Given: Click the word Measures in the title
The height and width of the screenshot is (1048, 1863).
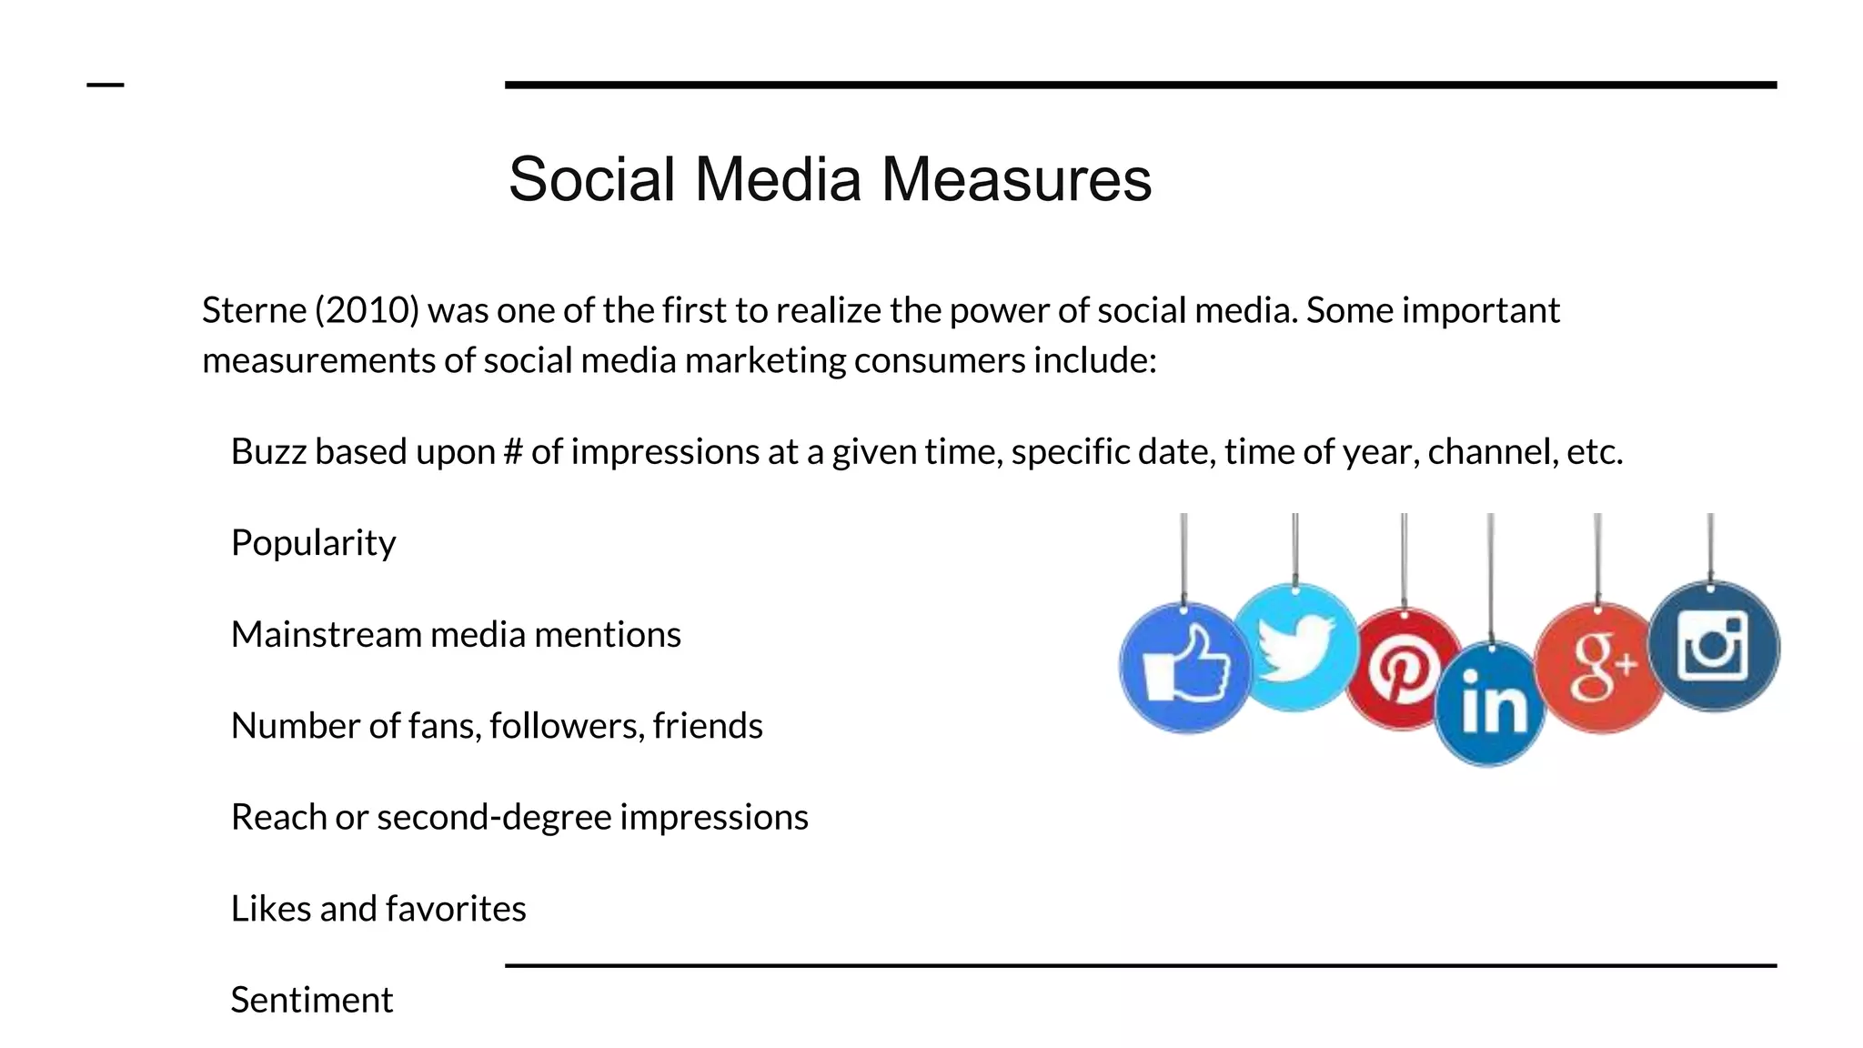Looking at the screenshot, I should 1016,179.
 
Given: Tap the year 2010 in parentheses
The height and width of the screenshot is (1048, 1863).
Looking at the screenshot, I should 368,311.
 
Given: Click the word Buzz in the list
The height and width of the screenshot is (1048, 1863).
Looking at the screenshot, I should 268,452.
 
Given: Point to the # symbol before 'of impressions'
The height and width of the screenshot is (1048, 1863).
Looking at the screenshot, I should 512,452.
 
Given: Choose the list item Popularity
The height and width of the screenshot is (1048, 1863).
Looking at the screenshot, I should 313,543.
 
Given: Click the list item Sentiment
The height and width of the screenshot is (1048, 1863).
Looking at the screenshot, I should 311,1000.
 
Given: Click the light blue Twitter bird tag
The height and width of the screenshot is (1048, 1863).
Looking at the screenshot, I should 1295,648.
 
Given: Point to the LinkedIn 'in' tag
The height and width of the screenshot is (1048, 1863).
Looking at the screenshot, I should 1490,704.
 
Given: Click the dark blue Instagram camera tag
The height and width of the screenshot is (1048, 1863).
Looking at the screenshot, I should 1713,647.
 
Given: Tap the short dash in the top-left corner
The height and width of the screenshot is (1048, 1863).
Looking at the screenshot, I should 105,86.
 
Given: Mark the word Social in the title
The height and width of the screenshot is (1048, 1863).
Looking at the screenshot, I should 592,179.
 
